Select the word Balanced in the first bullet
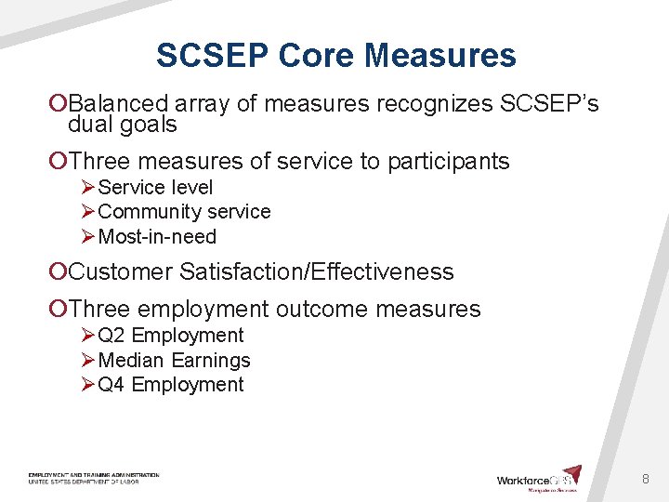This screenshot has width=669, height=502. [x=118, y=104]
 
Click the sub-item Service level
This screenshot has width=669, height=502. [x=155, y=188]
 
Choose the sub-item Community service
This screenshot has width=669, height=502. [x=184, y=212]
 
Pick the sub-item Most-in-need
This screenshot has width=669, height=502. [x=156, y=237]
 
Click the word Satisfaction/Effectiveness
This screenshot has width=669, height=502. [x=317, y=272]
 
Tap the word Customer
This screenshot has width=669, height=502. [x=121, y=272]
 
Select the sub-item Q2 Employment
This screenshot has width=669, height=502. [x=170, y=336]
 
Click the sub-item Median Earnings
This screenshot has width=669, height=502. [x=174, y=360]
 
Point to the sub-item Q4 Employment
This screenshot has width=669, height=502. [x=170, y=385]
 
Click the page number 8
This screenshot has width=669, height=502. [x=645, y=480]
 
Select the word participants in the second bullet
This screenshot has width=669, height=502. [x=452, y=162]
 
